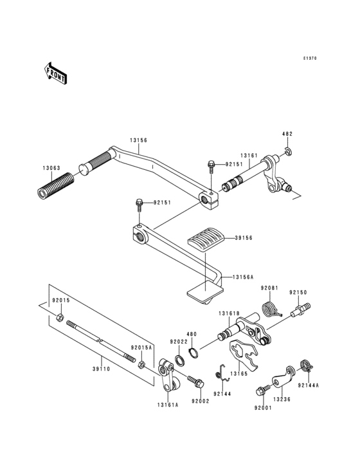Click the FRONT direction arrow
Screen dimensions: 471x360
coord(56,74)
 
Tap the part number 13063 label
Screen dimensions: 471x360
coord(52,169)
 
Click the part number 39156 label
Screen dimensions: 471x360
coord(244,237)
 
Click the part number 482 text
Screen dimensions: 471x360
coord(287,134)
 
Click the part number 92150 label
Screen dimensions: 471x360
coord(298,292)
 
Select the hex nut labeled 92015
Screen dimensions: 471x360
coord(59,317)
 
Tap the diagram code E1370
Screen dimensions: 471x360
coord(310,58)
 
